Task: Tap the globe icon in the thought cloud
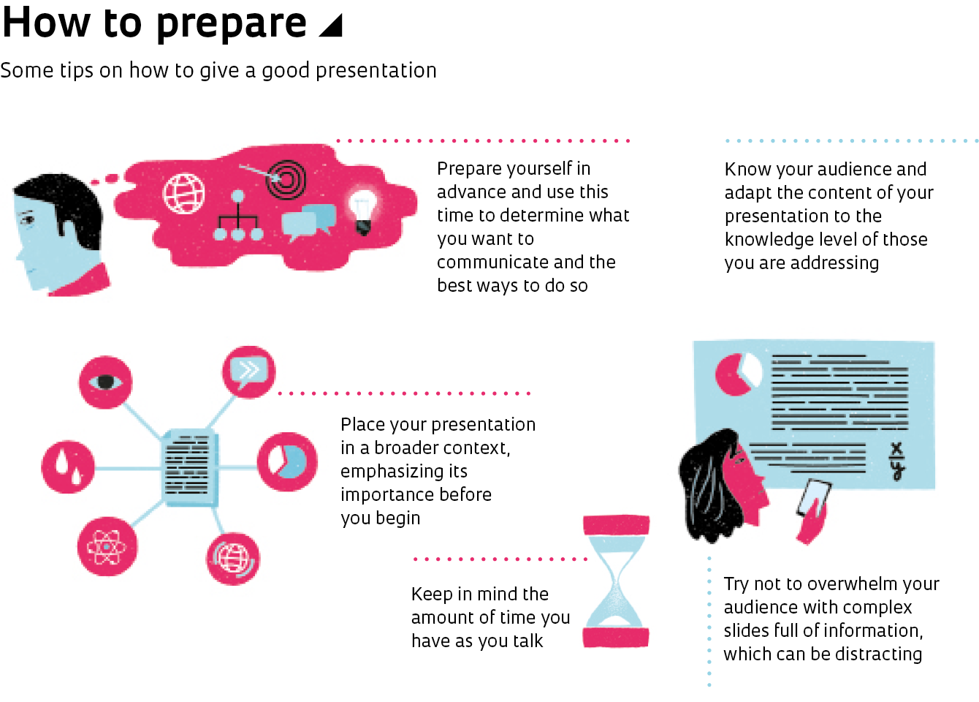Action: tap(183, 193)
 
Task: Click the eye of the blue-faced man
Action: tap(28, 219)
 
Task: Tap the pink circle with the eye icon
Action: tap(106, 382)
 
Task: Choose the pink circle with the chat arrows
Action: tap(248, 371)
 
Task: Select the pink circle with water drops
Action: tap(68, 467)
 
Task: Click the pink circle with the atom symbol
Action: tap(107, 546)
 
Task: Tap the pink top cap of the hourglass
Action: tap(616, 524)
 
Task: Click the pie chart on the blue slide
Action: tap(738, 374)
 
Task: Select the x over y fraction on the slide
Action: tap(896, 461)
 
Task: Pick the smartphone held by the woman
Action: tap(814, 499)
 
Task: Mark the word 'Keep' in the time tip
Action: tap(431, 595)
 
